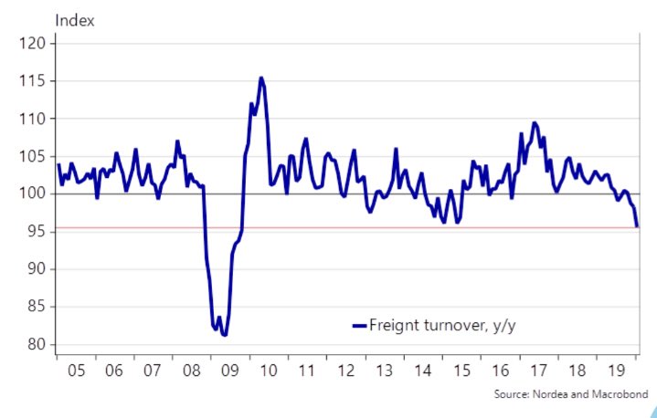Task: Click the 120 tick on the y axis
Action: tap(34, 43)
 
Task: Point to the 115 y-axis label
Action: tap(34, 81)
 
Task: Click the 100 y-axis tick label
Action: tap(34, 193)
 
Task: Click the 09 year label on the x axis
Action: tap(228, 371)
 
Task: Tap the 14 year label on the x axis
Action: tap(422, 371)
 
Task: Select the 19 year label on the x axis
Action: tap(616, 371)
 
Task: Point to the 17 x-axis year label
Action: tap(538, 371)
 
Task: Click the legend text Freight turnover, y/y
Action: tap(449, 324)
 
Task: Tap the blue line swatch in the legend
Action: tap(359, 325)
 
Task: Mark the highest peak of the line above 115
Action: tap(261, 78)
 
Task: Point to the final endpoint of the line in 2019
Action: tap(637, 225)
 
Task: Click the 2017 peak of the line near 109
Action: tap(535, 122)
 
